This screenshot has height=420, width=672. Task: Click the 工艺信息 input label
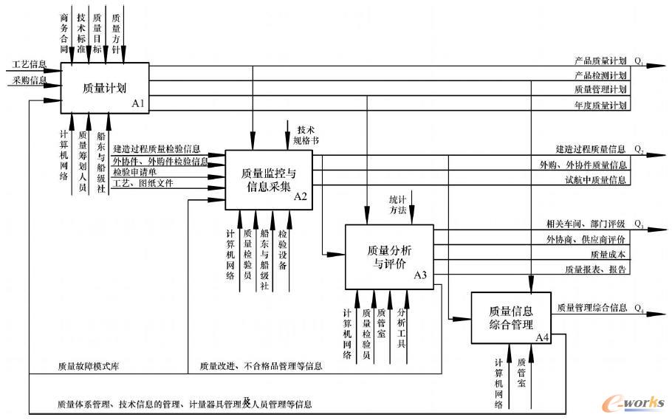29,64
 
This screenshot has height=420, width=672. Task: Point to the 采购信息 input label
29,80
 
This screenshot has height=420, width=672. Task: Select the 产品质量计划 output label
600,61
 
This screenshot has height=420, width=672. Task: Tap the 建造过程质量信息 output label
591,149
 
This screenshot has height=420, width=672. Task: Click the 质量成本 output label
608,254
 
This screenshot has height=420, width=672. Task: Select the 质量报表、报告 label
595,269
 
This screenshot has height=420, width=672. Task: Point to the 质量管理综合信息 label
592,307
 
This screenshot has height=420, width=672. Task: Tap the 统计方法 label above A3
398,204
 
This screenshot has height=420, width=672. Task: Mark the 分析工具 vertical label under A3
402,328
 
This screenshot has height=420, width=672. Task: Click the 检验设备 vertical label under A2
283,249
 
